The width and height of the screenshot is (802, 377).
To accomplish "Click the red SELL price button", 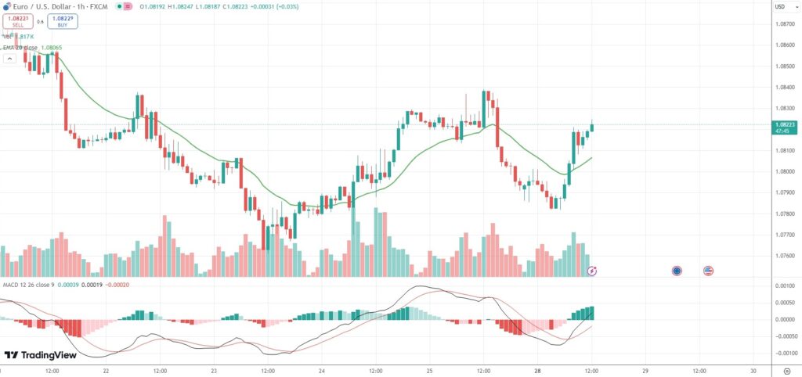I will [x=17, y=22].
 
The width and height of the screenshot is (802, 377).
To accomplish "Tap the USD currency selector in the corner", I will [x=779, y=7].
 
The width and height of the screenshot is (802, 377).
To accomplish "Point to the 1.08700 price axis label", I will [x=784, y=25].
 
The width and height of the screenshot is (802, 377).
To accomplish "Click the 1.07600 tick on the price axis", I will [x=784, y=256].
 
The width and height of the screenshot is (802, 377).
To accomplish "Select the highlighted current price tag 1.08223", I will [x=785, y=127].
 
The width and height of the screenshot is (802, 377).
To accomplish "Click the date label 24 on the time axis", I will [x=322, y=371].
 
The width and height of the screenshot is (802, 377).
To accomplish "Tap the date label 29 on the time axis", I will [x=645, y=371].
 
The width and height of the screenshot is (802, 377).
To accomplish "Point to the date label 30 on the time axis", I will [x=753, y=371].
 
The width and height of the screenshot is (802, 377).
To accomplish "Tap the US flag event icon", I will [x=709, y=271].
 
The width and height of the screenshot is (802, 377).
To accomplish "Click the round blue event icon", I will [x=677, y=271].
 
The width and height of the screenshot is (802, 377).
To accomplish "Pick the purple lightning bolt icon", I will [x=593, y=271].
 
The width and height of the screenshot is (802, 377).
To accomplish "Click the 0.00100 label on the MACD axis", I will [x=785, y=287].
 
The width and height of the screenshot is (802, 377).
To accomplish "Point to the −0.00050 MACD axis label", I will [x=783, y=336].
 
